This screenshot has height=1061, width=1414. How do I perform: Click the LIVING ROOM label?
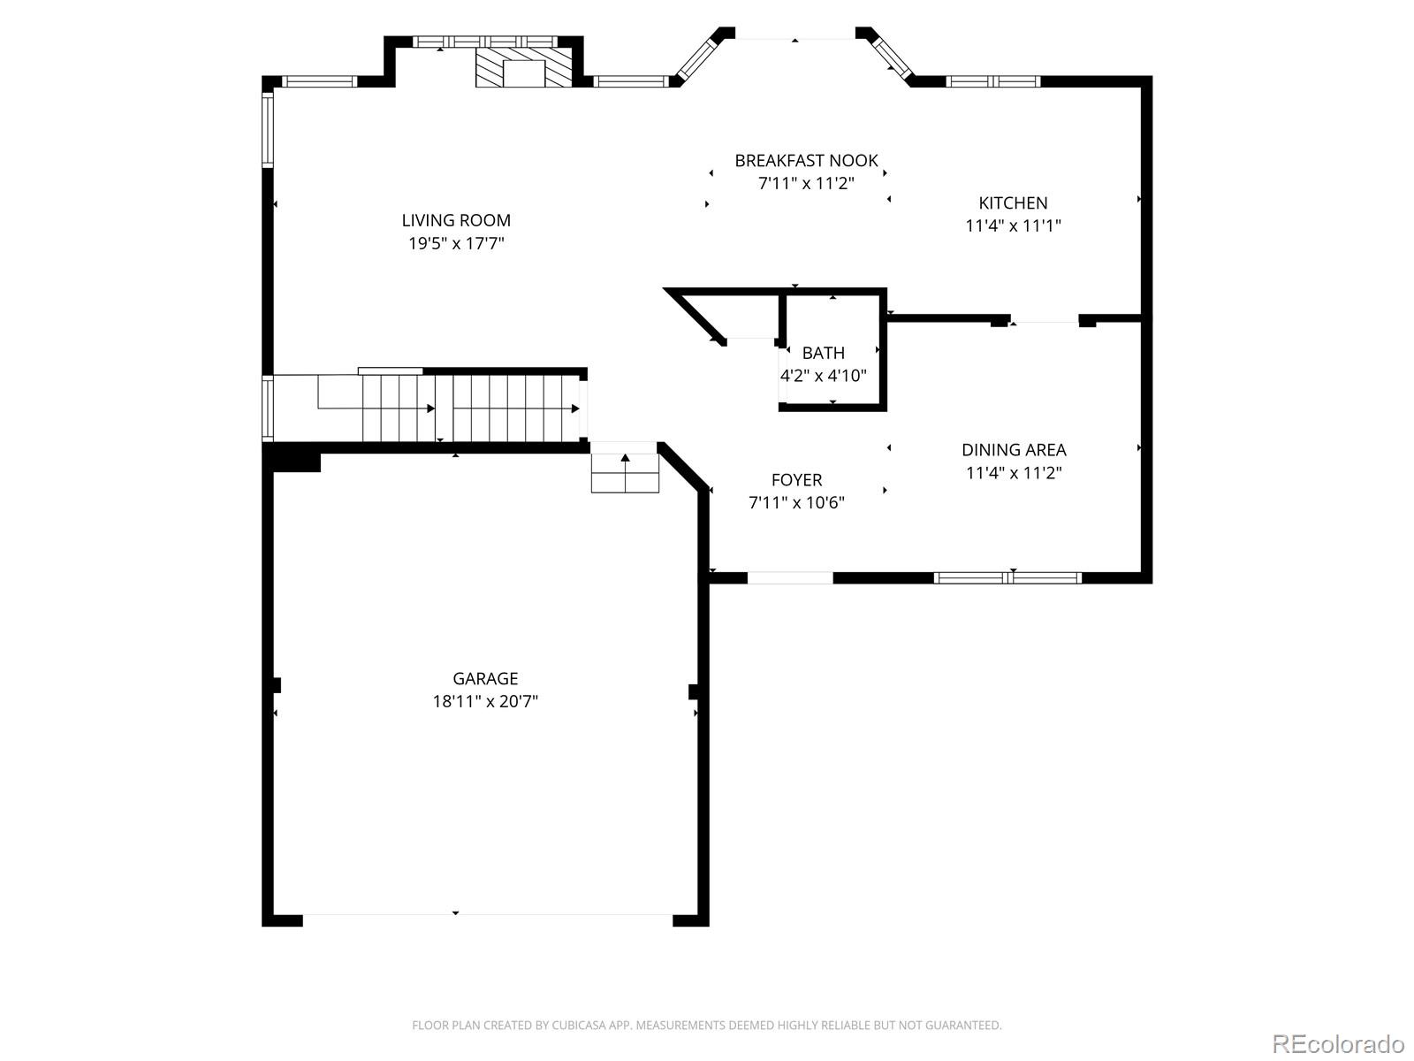point(456,220)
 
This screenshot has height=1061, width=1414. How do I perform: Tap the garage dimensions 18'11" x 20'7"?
point(484,701)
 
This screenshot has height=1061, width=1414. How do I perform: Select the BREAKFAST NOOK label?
point(806,160)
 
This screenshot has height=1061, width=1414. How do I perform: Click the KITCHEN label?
point(1013,202)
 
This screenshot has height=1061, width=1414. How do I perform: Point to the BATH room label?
point(823,353)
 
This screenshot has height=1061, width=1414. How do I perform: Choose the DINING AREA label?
point(1014,449)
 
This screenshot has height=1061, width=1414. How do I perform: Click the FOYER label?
point(796,479)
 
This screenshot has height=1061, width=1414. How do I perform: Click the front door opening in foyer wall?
point(790,578)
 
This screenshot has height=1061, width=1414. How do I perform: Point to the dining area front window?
point(1007,578)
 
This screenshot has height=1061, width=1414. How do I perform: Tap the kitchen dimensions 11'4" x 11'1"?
point(1013,225)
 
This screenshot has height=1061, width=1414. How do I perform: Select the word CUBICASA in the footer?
point(582,1026)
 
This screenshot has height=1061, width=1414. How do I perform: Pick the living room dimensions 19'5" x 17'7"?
point(456,243)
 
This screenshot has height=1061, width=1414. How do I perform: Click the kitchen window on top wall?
point(992,81)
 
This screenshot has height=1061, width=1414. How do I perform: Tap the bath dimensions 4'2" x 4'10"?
point(823,376)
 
